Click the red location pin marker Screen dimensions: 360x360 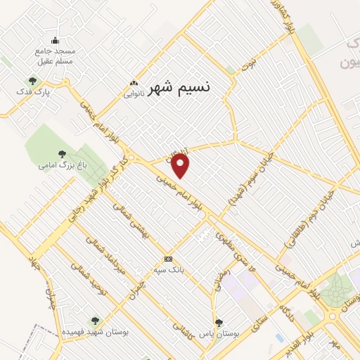[181, 165]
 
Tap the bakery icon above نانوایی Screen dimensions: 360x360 [134, 83]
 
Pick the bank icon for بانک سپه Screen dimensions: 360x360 [168, 258]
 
